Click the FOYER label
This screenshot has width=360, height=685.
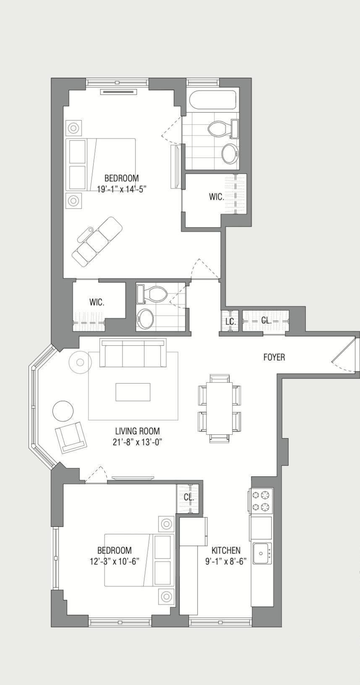274,357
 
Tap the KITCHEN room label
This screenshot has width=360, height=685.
226,550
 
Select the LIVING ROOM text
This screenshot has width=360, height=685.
137,431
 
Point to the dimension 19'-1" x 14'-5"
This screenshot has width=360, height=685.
121,189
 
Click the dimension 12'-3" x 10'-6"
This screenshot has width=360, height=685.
114,561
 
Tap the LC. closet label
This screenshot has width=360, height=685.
230,322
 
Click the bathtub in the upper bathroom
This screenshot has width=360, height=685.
212,100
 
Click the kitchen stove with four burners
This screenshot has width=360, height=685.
261,501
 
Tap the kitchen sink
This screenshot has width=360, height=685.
262,553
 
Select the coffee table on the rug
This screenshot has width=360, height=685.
133,392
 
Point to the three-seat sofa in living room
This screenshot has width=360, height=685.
133,353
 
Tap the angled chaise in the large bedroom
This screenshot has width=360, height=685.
97,241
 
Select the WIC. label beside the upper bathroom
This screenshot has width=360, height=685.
217,197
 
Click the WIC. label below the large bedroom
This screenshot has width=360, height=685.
97,302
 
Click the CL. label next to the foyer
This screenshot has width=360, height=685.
266,320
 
